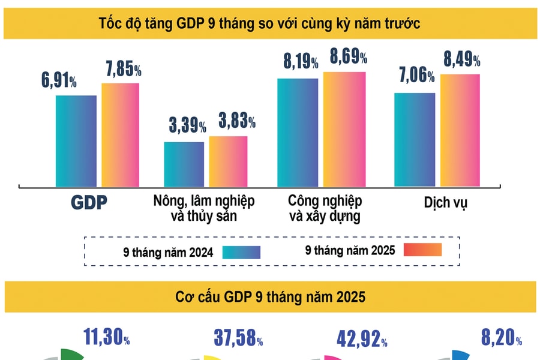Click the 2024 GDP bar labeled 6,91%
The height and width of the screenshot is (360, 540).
(x=76, y=140)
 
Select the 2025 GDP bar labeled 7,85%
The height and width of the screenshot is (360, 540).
(x=120, y=134)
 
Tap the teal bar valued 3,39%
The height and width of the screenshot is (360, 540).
(x=184, y=164)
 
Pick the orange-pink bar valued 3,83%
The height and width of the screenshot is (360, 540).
(x=228, y=161)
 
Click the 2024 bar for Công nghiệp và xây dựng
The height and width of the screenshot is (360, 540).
(x=298, y=132)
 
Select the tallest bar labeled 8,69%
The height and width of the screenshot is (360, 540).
(x=344, y=128)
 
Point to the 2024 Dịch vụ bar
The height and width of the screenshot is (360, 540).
(x=415, y=139)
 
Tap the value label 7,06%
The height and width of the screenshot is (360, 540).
(x=414, y=76)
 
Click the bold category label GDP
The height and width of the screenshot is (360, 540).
(x=88, y=203)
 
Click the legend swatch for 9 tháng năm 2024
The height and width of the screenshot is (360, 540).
(x=241, y=252)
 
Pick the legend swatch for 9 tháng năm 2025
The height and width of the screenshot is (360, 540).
(x=422, y=250)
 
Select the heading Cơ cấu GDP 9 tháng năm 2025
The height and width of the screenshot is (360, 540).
(x=270, y=298)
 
